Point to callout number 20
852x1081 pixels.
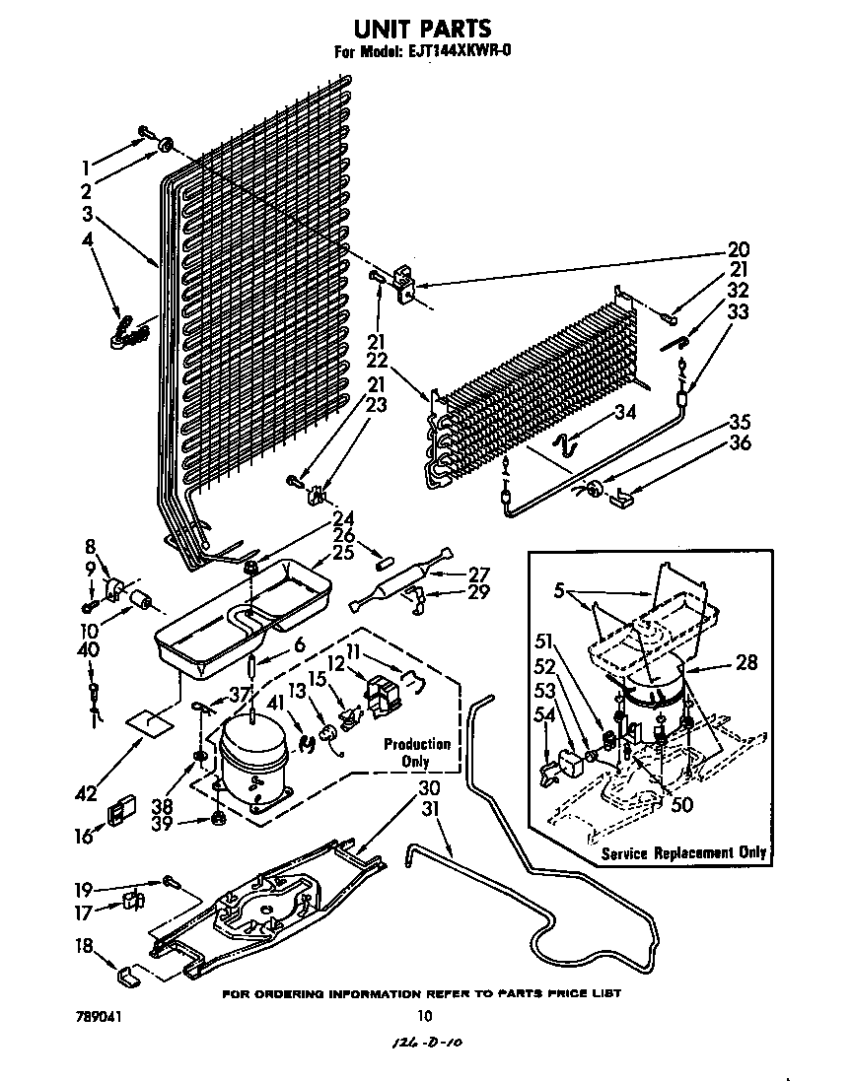738,249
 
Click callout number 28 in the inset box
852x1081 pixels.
746,663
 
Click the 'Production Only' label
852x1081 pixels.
416,753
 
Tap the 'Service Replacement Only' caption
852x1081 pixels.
682,852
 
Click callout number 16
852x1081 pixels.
83,836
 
